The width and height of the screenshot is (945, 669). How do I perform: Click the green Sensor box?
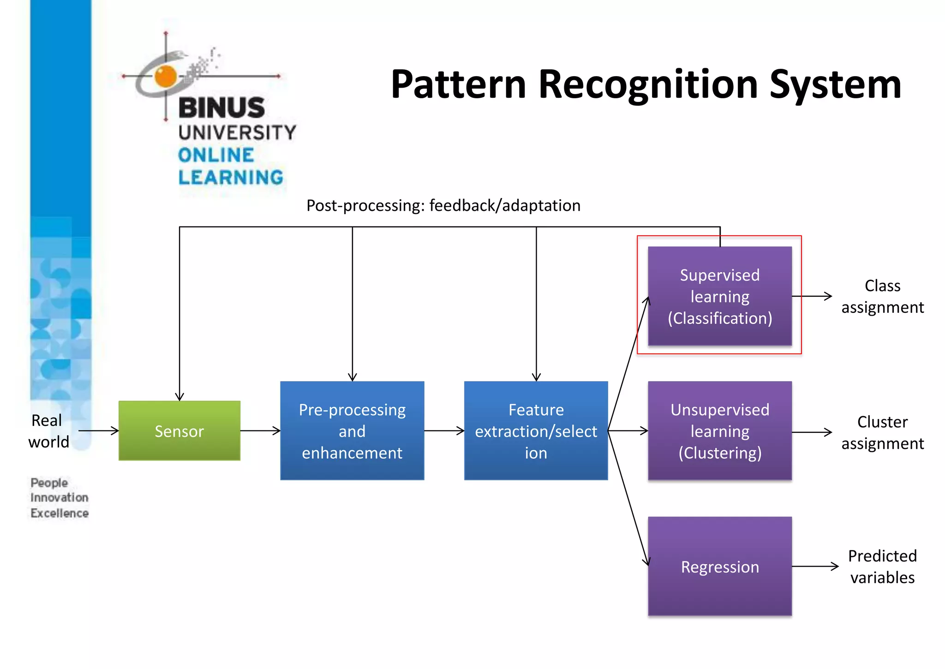179,430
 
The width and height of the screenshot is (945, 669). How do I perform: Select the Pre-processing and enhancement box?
352,430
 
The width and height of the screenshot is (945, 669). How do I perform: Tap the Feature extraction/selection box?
536,430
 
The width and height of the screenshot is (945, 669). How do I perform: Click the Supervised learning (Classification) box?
720,296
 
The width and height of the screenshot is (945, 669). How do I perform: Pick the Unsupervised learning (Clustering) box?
720,430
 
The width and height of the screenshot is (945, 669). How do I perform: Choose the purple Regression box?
720,566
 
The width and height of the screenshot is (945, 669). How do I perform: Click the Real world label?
48,431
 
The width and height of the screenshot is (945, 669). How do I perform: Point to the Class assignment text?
882,296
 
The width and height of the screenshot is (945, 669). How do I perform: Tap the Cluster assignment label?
882,432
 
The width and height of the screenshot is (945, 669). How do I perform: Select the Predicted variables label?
882,567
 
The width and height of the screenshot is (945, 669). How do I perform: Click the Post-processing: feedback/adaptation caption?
443,205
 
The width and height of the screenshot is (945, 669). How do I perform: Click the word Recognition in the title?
648,84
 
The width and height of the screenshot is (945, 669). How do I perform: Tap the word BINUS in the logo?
221,108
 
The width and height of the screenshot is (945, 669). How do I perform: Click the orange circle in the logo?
166,76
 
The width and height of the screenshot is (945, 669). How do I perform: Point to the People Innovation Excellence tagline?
59,498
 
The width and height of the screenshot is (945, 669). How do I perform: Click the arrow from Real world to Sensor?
98,430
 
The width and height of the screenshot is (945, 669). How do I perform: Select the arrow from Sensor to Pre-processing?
260,430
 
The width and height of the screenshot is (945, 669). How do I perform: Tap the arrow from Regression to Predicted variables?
814,566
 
